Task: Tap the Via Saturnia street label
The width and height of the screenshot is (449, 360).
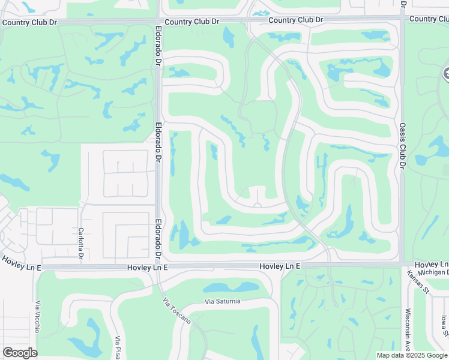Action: coord(221,301)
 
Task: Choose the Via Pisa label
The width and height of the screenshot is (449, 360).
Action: coord(118,347)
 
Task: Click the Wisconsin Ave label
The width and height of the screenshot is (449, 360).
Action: coord(407,329)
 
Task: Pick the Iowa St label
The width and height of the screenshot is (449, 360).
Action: coord(444,327)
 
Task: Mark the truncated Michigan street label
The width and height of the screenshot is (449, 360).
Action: coord(433,272)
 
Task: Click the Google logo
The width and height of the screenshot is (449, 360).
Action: coord(20,352)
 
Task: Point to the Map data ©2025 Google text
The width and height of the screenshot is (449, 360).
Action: coord(411,355)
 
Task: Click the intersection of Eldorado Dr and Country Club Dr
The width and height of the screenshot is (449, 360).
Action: coord(158,21)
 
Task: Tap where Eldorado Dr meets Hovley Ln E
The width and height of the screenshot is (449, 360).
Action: coord(158,266)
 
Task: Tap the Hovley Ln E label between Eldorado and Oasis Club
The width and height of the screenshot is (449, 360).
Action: coord(279,266)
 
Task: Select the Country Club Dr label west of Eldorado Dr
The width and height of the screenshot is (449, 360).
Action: coord(29,23)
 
